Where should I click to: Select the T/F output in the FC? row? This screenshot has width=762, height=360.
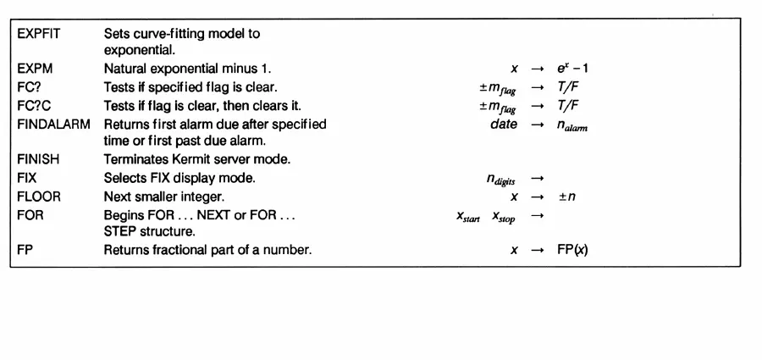[x=566, y=86]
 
